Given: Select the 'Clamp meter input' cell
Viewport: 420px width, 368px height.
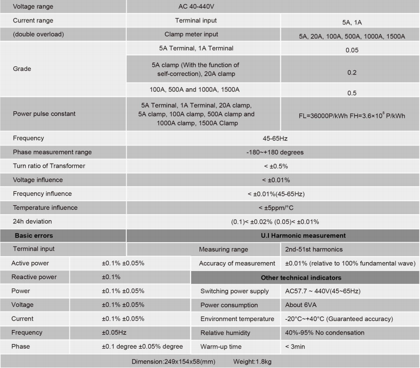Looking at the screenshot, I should coord(191,34).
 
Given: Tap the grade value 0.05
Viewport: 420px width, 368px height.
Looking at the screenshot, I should coord(352,50).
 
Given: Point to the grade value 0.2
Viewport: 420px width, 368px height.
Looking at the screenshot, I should coord(352,72).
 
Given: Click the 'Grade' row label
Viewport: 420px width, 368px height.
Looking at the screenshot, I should coord(22,69).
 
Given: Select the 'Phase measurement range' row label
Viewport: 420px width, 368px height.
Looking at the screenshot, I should coord(52,152).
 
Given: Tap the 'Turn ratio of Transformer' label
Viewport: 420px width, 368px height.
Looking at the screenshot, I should coord(49,166).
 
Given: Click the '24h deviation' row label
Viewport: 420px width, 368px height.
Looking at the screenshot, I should coord(32,221).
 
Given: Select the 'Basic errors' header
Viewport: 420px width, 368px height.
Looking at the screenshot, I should coord(33,235).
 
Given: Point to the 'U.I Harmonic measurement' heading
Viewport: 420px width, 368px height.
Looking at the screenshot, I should coord(303,235).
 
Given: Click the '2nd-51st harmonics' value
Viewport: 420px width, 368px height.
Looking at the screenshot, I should coord(314,249).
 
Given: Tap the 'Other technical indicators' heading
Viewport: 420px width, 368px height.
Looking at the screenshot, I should coord(301,277).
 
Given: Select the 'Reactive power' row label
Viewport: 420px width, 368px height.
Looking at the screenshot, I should coord(34,277).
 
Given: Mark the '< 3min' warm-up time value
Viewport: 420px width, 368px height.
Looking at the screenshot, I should coord(295,347).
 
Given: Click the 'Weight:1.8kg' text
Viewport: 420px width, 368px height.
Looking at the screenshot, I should coord(252,361).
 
